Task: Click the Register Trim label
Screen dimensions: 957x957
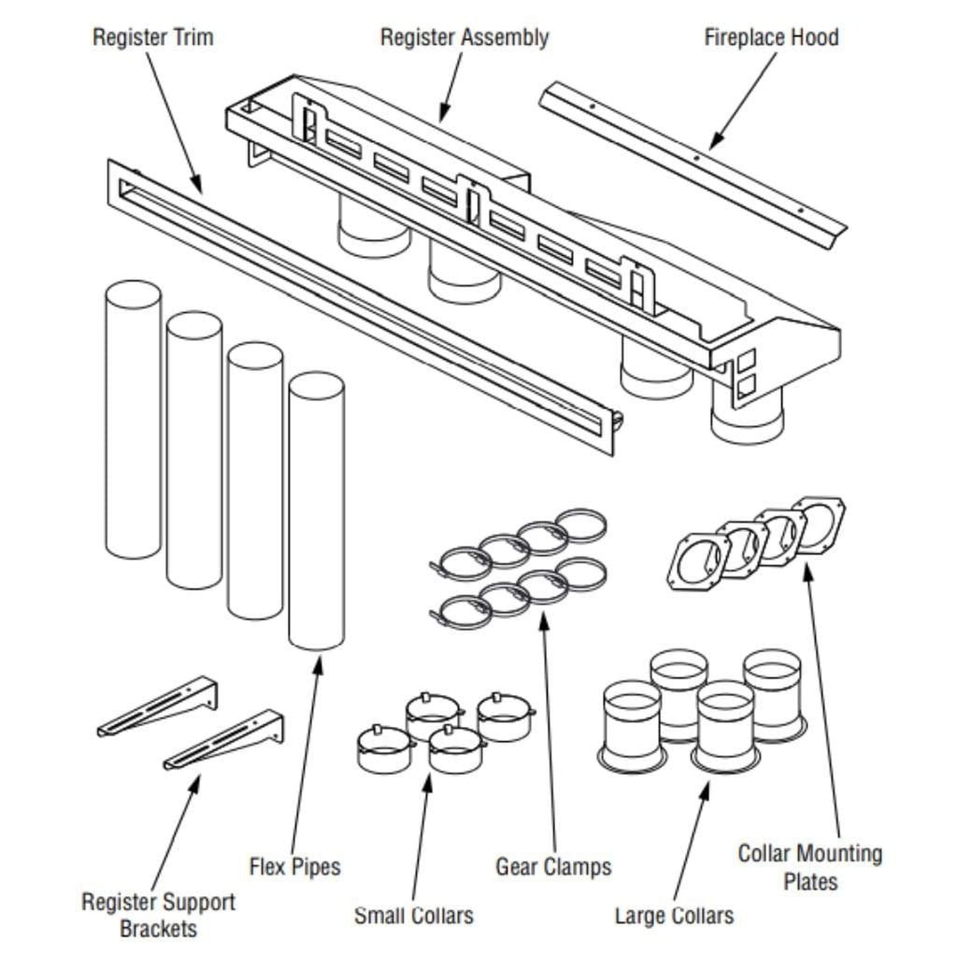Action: click(153, 38)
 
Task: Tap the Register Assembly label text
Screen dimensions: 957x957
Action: click(464, 38)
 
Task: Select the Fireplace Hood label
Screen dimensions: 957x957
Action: click(771, 38)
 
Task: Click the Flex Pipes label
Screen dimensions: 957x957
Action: click(295, 867)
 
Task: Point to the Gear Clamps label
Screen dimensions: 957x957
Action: click(553, 867)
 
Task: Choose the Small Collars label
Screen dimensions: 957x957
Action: click(414, 915)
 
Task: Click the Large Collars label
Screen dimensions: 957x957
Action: click(674, 915)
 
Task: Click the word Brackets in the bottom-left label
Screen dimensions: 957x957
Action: click(158, 928)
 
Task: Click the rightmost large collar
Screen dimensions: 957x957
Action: click(772, 696)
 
